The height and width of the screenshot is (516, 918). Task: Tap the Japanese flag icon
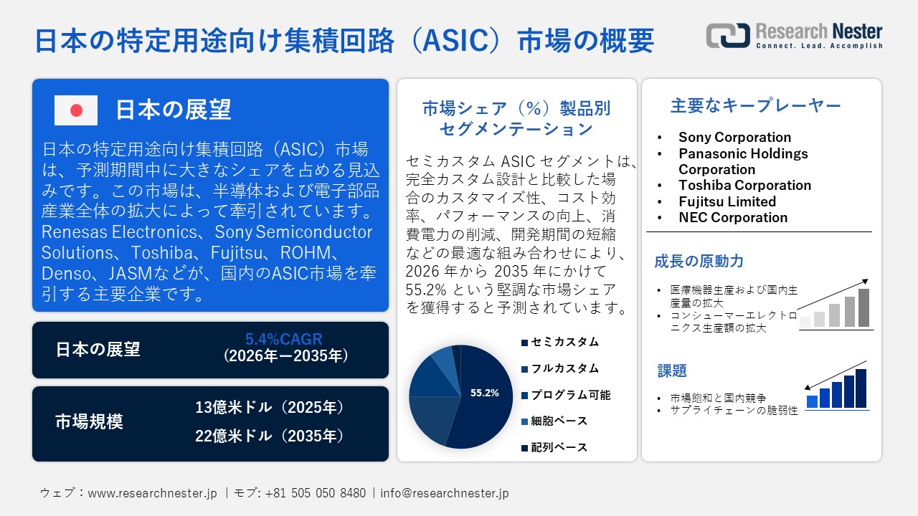[76, 110]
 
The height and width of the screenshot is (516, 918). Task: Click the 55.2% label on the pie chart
[484, 393]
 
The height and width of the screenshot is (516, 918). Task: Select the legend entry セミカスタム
[564, 342]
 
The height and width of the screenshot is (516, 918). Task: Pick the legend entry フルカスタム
[564, 368]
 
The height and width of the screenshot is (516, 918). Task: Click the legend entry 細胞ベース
[559, 421]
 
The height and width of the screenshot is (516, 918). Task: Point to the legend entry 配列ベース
[559, 447]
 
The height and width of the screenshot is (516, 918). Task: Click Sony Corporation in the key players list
[734, 137]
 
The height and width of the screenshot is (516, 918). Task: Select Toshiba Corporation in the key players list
[744, 185]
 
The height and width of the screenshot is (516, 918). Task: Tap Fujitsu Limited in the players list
[727, 201]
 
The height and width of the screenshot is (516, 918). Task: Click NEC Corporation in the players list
[733, 217]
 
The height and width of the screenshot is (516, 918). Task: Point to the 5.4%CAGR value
[284, 339]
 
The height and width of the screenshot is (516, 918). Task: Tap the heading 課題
[672, 371]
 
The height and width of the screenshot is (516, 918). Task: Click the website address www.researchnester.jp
[152, 493]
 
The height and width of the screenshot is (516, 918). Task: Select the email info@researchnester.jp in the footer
[445, 493]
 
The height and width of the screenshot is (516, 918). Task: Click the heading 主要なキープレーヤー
[755, 106]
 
